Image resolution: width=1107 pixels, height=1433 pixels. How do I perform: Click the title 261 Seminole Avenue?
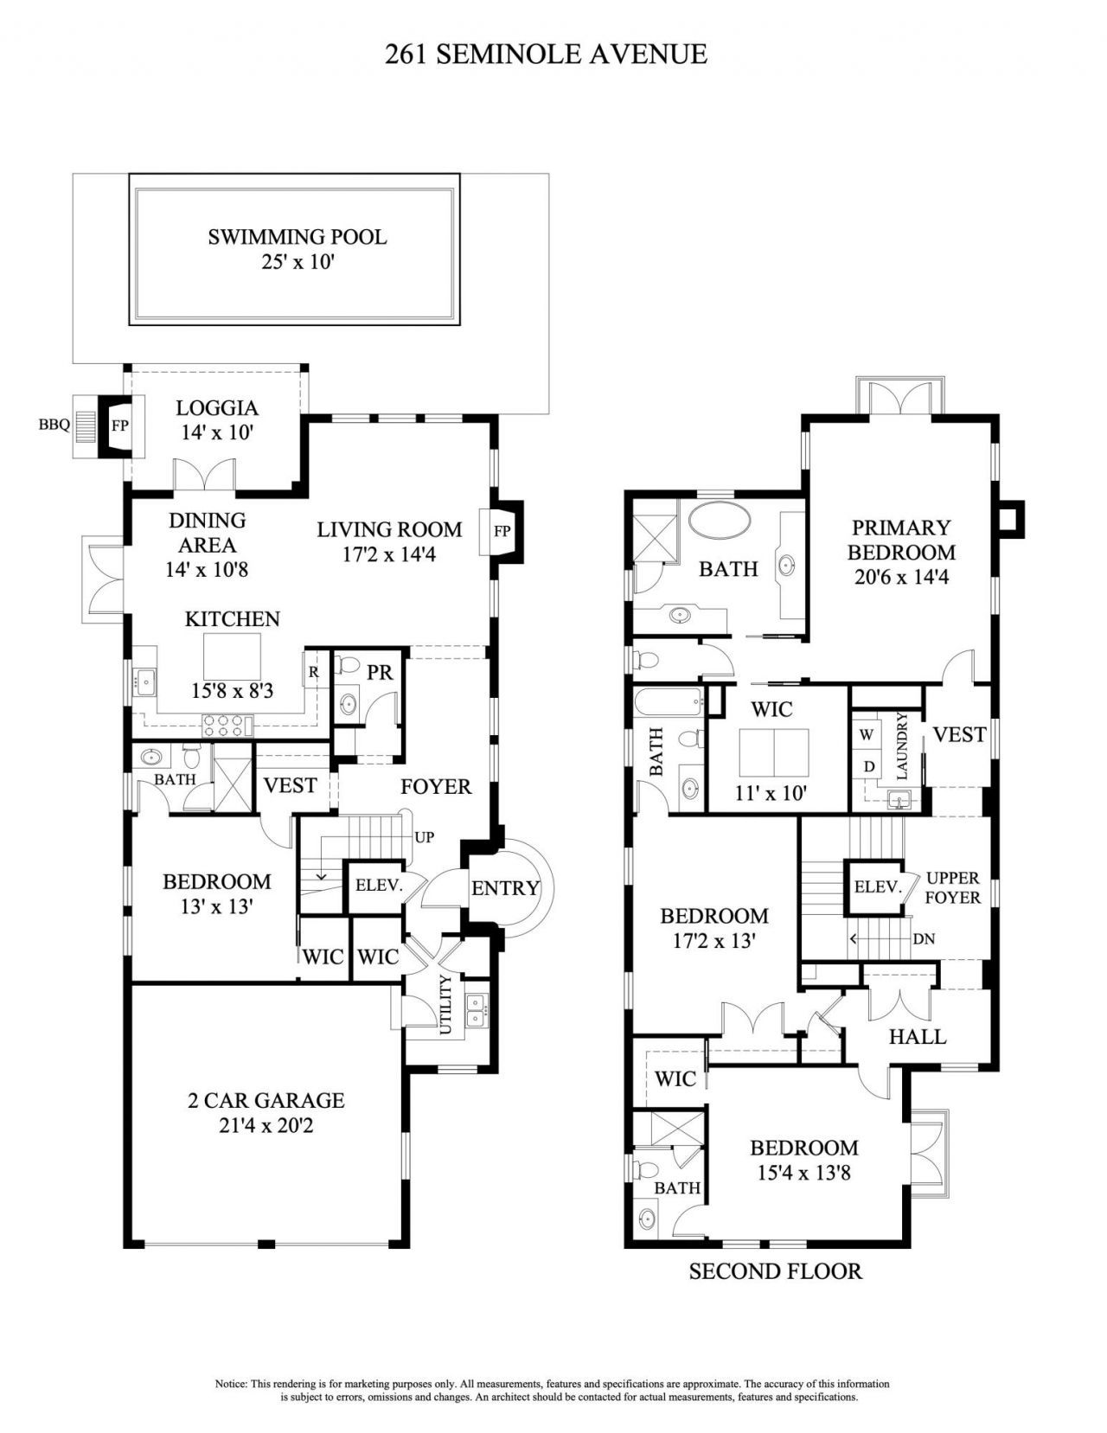click(546, 54)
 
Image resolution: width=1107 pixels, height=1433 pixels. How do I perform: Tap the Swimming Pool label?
click(297, 237)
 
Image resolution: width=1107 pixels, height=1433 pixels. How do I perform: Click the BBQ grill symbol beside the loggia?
click(84, 425)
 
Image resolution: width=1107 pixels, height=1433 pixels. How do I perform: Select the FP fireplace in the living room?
click(502, 531)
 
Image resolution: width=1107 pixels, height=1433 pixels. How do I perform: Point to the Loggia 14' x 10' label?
click(217, 419)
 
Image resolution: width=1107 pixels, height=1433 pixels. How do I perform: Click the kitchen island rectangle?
click(232, 656)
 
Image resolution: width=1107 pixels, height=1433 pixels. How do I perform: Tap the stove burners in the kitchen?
click(226, 725)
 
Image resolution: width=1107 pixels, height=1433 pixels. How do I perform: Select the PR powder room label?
click(379, 671)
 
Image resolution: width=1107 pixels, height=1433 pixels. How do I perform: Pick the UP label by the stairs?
click(424, 837)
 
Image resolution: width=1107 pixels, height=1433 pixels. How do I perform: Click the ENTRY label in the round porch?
click(505, 888)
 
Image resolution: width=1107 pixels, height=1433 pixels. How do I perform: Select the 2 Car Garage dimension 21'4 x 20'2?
click(266, 1126)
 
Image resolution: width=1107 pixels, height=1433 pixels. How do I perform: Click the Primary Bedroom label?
click(901, 540)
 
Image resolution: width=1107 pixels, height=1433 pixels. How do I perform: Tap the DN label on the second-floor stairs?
click(924, 938)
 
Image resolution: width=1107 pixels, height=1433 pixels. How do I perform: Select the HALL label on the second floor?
click(918, 1036)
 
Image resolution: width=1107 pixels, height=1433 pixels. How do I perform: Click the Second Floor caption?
click(775, 1271)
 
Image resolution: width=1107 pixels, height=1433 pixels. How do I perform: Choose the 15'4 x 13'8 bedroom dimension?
click(803, 1174)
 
